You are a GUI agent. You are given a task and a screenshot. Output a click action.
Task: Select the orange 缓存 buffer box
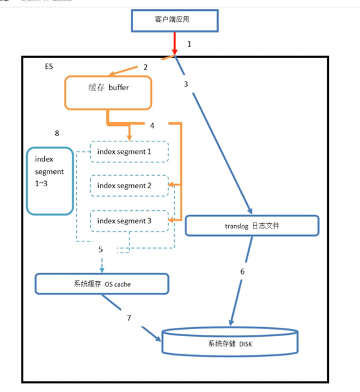click(108, 93)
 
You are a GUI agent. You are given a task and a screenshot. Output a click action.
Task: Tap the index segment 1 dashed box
click(129, 151)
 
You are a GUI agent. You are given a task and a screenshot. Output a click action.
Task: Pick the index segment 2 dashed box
click(129, 186)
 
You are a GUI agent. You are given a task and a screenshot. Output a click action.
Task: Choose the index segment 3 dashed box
click(129, 221)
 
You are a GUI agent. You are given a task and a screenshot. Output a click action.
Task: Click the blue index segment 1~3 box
click(49, 181)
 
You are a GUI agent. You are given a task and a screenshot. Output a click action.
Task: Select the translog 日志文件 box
click(252, 225)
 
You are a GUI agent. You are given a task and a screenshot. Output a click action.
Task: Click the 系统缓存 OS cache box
click(101, 283)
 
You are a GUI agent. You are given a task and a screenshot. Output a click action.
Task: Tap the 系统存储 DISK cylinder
click(230, 341)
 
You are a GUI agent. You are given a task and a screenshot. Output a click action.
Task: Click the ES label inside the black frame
click(49, 67)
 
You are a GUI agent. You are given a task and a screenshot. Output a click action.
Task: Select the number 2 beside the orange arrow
click(146, 67)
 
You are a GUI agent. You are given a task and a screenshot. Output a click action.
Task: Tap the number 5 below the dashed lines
click(101, 249)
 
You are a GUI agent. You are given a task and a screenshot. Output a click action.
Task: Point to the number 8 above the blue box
click(57, 133)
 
